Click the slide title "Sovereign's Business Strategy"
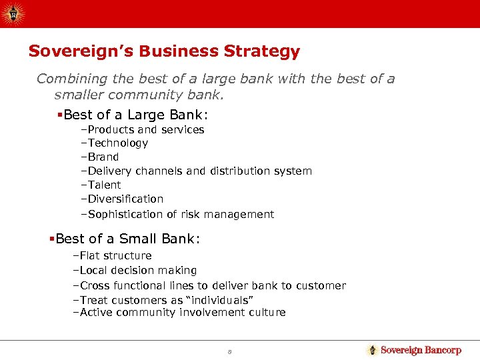[x=164, y=51]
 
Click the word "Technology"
[x=117, y=143]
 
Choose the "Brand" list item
[x=103, y=157]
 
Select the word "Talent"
[x=104, y=185]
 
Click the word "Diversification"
[x=125, y=199]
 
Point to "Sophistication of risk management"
[x=181, y=214]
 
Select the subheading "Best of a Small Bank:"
[x=127, y=238]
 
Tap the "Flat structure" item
[x=115, y=255]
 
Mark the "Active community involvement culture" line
[x=182, y=312]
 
